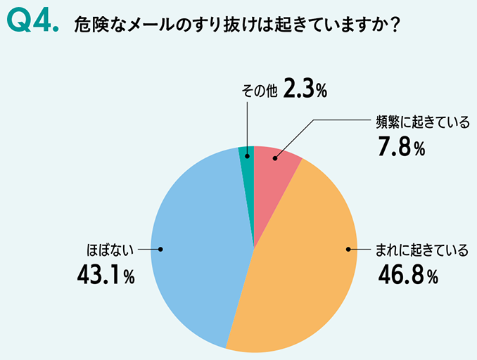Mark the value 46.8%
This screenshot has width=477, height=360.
tap(407, 275)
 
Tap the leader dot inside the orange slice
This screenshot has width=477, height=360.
tap(348, 249)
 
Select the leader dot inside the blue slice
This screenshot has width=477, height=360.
tap(161, 249)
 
